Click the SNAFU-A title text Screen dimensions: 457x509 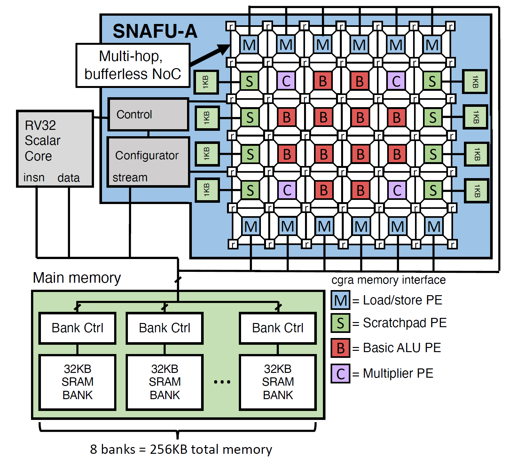point(155,31)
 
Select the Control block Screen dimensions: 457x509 point(148,114)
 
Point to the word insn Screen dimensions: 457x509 point(34,177)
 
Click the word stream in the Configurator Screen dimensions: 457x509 point(130,177)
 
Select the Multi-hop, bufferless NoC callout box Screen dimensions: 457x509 point(133,65)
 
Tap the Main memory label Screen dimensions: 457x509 point(77,278)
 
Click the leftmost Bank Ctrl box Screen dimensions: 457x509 point(77,328)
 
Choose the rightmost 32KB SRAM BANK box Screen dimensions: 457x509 point(278,382)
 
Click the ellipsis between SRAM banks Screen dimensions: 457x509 point(222,382)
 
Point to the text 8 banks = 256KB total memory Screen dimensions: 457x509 point(181,449)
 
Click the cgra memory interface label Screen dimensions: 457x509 point(388,280)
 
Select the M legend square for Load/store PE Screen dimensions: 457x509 point(341,300)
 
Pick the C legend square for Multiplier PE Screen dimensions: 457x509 point(341,374)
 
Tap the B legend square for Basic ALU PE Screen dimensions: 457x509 point(341,348)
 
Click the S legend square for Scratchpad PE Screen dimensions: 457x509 point(341,323)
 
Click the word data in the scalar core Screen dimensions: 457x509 point(68,178)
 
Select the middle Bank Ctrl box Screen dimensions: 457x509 point(165,328)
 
